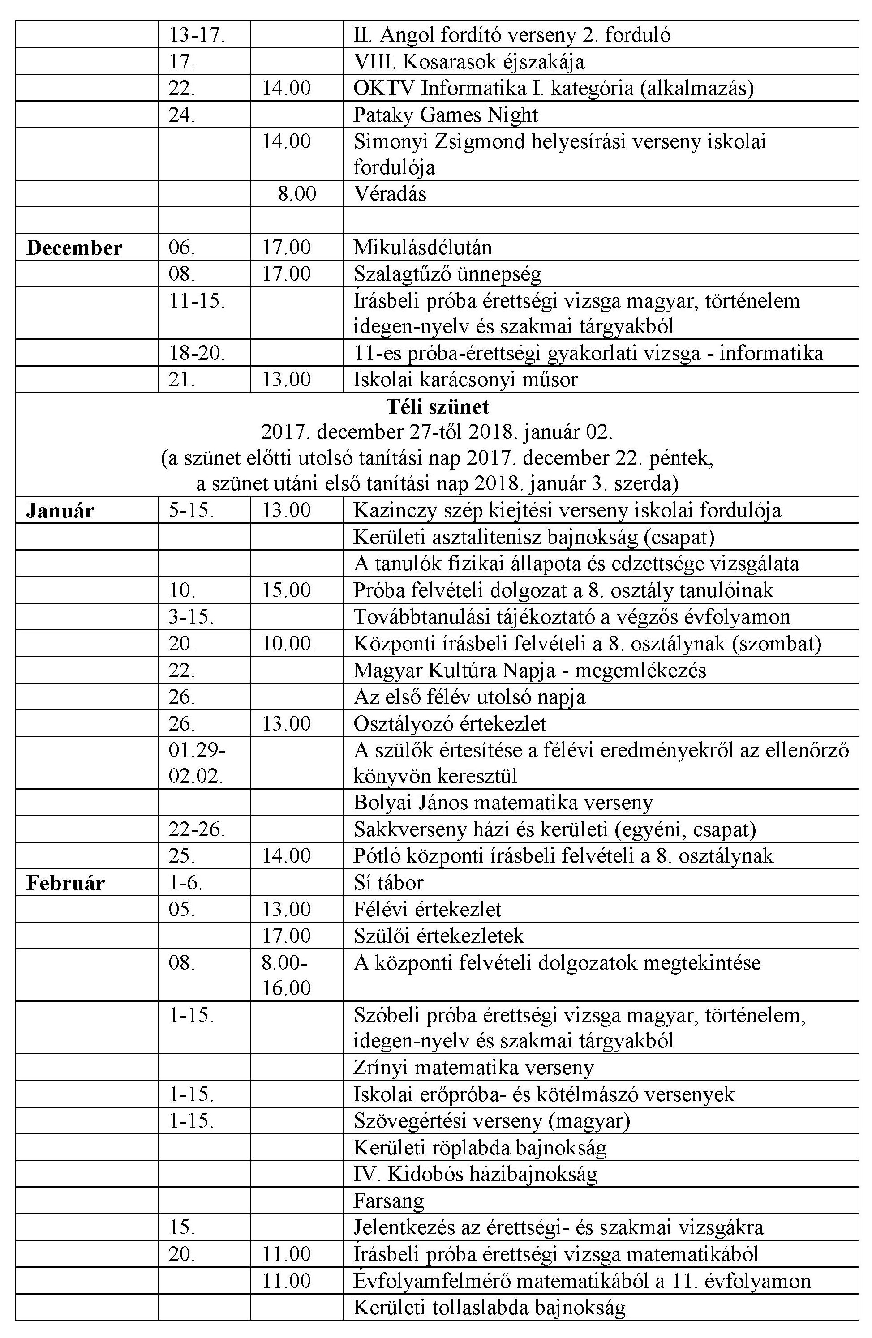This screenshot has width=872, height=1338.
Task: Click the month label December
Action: click(x=74, y=248)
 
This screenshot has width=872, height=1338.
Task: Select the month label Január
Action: click(x=60, y=510)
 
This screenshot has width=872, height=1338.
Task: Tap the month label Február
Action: click(x=65, y=883)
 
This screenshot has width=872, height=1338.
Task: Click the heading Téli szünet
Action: click(x=437, y=406)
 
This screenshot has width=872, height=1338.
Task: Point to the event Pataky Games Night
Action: click(x=445, y=115)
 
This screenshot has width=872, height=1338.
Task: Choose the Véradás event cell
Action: click(x=390, y=194)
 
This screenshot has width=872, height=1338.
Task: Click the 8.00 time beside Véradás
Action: click(x=296, y=194)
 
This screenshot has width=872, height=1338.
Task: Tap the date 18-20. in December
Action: click(x=197, y=353)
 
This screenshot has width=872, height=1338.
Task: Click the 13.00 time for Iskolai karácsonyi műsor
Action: click(x=286, y=380)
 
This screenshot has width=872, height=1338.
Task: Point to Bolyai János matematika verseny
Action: click(x=503, y=803)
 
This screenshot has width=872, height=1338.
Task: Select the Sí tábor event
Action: click(x=388, y=883)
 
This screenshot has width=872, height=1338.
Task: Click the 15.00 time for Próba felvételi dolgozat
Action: click(x=286, y=590)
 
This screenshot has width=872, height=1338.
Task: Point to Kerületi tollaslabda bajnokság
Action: click(x=489, y=1308)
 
